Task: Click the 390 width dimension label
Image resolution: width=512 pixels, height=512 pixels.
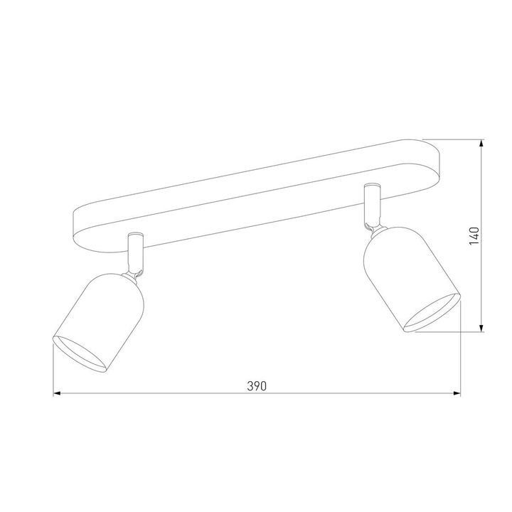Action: point(256,386)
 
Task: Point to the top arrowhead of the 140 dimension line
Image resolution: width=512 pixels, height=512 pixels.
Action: point(483,143)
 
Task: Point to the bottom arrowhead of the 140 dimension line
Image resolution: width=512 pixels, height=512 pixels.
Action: point(483,328)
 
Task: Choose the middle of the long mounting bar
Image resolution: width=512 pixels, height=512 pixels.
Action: point(256,196)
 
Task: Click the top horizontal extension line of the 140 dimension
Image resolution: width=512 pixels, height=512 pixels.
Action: point(455,139)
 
